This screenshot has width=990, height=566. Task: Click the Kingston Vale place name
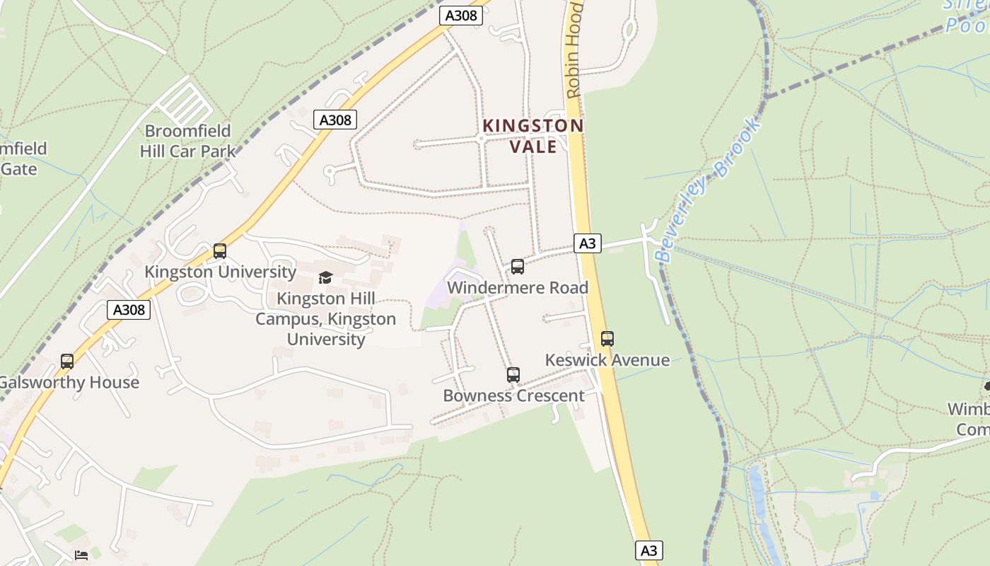pyautogui.click(x=532, y=135)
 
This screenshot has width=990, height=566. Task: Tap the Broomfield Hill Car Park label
pyautogui.click(x=187, y=141)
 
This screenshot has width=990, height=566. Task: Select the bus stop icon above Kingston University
pyautogui.click(x=220, y=251)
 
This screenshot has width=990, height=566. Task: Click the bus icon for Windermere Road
pyautogui.click(x=518, y=267)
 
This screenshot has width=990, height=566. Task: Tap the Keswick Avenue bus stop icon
pyautogui.click(x=607, y=339)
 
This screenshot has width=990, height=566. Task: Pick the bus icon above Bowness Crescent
pyautogui.click(x=513, y=375)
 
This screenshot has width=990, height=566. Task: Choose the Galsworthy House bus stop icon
pyautogui.click(x=67, y=362)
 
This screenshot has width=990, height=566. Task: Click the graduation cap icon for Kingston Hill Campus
pyautogui.click(x=325, y=277)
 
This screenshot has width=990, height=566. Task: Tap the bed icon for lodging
pyautogui.click(x=81, y=555)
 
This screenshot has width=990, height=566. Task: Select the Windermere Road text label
pyautogui.click(x=518, y=288)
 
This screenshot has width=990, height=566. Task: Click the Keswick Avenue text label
pyautogui.click(x=607, y=360)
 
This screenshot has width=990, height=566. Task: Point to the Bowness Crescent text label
pyautogui.click(x=513, y=395)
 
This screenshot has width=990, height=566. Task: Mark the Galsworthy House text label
pyautogui.click(x=69, y=383)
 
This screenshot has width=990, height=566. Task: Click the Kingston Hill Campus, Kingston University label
pyautogui.click(x=325, y=319)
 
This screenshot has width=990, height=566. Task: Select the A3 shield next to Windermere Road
pyautogui.click(x=588, y=244)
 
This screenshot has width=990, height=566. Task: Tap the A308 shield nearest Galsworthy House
pyautogui.click(x=129, y=309)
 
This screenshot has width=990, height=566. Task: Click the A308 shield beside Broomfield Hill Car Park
pyautogui.click(x=335, y=120)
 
